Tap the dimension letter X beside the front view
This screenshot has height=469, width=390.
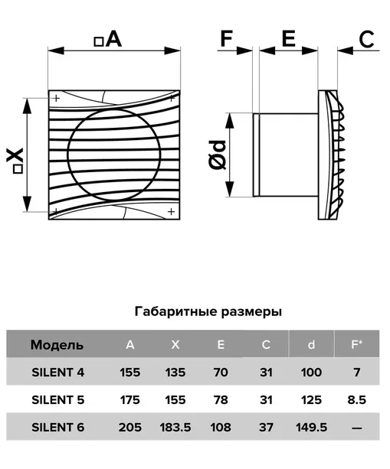click(15, 155)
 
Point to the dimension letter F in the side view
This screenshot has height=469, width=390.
click(227, 38)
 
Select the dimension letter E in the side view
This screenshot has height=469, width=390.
click(288, 38)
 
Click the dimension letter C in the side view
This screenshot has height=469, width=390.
click(366, 39)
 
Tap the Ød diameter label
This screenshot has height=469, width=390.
click(218, 155)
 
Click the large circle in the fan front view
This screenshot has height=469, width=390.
click(68, 155)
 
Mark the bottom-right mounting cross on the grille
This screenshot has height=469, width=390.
click(171, 212)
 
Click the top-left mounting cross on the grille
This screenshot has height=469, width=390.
click(56, 98)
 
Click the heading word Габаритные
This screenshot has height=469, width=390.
click(175, 311)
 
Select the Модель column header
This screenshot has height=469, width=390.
click(57, 345)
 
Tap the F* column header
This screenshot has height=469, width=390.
click(357, 344)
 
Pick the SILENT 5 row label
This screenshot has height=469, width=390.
click(58, 400)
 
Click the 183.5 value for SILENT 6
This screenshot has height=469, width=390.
click(175, 428)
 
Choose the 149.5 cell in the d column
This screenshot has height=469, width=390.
click(312, 428)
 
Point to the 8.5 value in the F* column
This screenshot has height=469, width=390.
click(357, 400)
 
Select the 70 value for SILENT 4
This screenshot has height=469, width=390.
click(221, 373)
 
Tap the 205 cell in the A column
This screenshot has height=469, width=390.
click(130, 428)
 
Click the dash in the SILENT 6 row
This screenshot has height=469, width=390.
click(357, 428)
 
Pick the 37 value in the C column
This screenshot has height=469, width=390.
click(266, 428)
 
